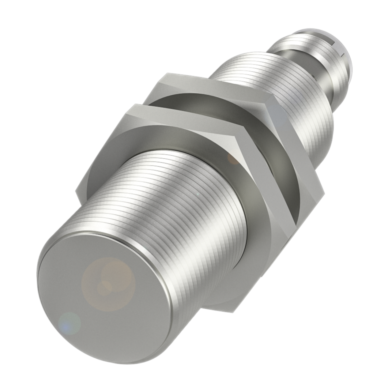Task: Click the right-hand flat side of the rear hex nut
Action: click(x=303, y=159)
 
